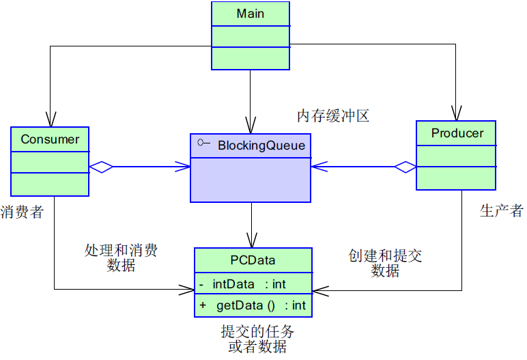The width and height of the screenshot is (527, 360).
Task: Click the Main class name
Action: coord(250,14)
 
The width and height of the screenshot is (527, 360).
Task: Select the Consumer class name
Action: coord(50,139)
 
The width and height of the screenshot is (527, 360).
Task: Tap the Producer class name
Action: coord(457,133)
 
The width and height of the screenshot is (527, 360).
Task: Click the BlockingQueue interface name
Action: coord(261,145)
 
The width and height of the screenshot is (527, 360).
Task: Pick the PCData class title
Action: coord(253,260)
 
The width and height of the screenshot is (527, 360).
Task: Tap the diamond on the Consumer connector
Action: coord(101,167)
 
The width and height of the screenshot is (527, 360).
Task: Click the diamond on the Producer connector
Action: coord(405,166)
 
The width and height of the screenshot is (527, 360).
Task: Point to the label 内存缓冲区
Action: coord(332,115)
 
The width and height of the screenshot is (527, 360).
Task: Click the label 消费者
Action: coord(22,212)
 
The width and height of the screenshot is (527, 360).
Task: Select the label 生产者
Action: coord(501,211)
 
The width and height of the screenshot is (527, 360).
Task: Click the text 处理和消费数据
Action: coord(121,258)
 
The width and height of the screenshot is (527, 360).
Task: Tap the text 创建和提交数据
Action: coord(385,263)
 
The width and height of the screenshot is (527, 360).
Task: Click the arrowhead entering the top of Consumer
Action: coord(50,120)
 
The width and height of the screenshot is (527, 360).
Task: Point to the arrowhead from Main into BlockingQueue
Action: coord(251,126)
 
